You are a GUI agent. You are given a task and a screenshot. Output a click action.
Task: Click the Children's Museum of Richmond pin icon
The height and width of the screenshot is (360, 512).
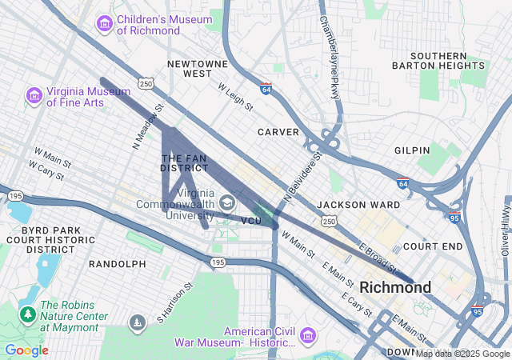tap(104, 24)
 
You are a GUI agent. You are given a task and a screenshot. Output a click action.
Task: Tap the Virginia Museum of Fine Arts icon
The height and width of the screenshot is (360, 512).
tap(34, 97)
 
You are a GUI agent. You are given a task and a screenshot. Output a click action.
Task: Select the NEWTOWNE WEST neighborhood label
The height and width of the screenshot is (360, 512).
tap(190, 68)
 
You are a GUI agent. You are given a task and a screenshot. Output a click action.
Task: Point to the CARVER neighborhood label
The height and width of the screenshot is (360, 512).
tap(278, 131)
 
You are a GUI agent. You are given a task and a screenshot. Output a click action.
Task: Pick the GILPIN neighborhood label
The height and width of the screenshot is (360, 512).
tap(412, 150)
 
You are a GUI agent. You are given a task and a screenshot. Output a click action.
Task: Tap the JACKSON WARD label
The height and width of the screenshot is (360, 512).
tap(358, 205)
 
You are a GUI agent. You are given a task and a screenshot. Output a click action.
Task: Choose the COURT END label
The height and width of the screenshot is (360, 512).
tap(433, 246)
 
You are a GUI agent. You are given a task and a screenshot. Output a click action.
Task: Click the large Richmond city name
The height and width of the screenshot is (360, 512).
tap(395, 286)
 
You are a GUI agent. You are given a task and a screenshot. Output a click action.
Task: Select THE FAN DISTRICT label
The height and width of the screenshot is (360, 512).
tap(184, 163)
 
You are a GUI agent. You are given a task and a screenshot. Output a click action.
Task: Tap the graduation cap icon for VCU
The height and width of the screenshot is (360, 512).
tap(227, 203)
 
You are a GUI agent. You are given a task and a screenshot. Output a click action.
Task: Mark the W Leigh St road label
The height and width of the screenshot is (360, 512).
tap(234, 95)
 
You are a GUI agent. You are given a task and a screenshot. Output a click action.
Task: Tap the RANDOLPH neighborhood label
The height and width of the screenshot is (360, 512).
tap(117, 263)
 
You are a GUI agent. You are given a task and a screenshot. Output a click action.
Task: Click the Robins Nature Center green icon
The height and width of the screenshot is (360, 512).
tap(27, 314)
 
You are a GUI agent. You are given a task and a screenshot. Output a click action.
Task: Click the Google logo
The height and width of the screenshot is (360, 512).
tap(26, 350)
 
